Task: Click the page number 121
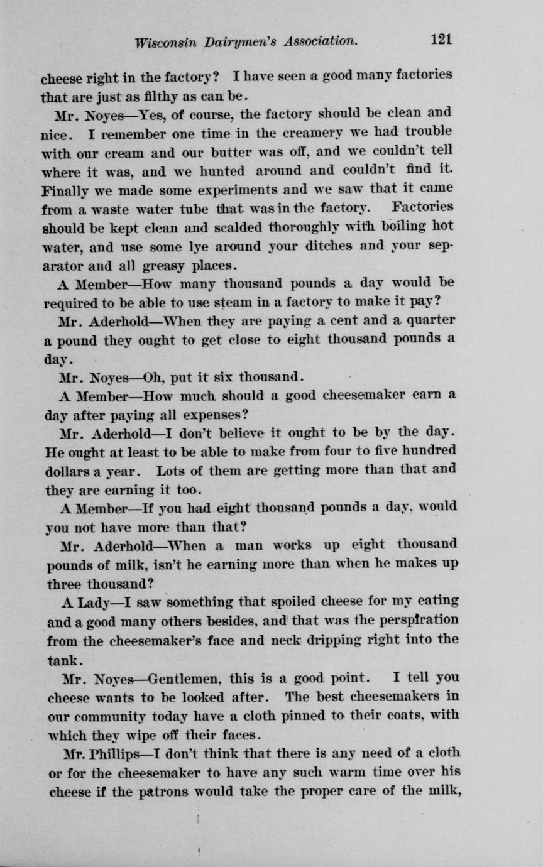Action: click(442, 40)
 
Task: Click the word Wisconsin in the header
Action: click(165, 41)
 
